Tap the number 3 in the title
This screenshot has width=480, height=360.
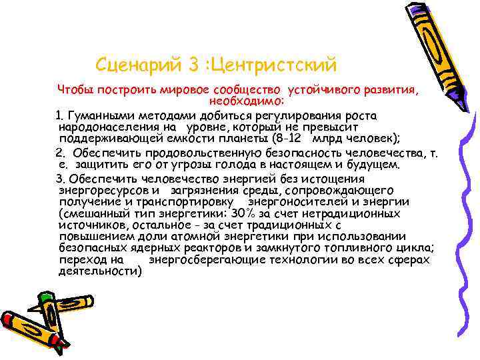(x=194, y=65)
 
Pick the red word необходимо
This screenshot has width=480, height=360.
(x=247, y=101)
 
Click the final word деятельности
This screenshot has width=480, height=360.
(x=99, y=272)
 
